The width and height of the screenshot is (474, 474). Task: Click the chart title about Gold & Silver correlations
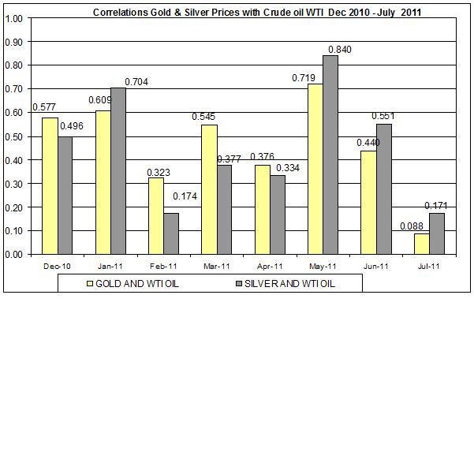pos(246,13)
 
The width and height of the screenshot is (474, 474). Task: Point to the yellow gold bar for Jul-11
pos(420,244)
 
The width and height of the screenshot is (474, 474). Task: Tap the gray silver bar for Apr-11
pos(277,215)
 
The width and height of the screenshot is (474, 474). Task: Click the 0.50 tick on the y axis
pos(13,136)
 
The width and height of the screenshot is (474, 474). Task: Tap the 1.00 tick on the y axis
pos(13,18)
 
